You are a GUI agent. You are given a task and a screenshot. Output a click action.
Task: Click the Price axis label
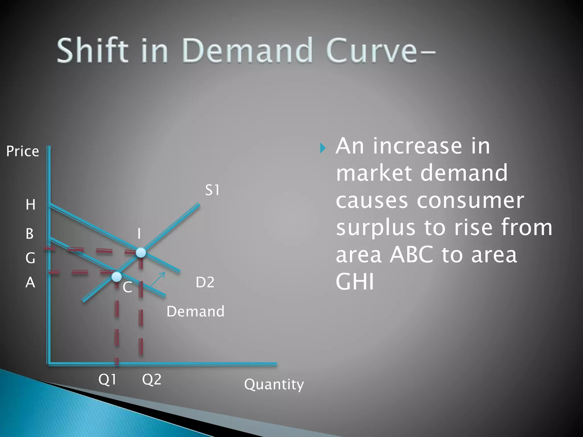[x=22, y=151]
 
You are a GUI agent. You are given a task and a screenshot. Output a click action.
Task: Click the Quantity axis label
[x=274, y=385]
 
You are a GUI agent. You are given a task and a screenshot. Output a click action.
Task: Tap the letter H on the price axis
[x=30, y=205]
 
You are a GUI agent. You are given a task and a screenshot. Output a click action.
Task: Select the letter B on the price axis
[x=30, y=234]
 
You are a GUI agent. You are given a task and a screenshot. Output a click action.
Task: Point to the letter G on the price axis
[x=30, y=258]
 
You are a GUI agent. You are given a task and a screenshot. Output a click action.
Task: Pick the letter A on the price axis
[x=30, y=283]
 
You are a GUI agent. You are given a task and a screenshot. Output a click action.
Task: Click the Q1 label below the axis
[x=107, y=379]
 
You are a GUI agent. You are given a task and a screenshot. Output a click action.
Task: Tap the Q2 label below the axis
[x=151, y=379]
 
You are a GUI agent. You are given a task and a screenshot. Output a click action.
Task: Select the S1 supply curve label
[x=212, y=190]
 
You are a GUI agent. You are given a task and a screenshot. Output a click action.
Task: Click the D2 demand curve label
[x=205, y=283]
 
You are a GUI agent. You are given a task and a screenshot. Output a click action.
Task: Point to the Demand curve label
[x=195, y=311]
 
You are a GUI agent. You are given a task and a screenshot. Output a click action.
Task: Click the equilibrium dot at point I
[x=141, y=252]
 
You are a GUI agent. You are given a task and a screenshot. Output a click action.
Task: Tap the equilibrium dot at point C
[x=116, y=277]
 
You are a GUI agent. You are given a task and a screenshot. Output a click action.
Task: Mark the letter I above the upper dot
[x=139, y=234]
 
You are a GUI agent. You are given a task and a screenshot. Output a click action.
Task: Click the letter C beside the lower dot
[x=127, y=287]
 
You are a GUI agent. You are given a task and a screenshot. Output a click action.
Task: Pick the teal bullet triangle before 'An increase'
[x=323, y=148]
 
